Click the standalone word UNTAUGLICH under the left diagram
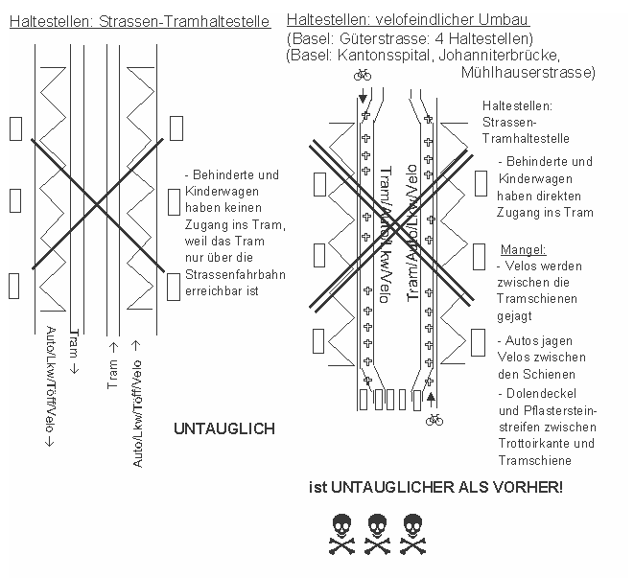click(223, 428)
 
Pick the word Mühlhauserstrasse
click(528, 73)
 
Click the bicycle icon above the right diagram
click(363, 74)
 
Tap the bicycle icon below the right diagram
click(434, 418)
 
